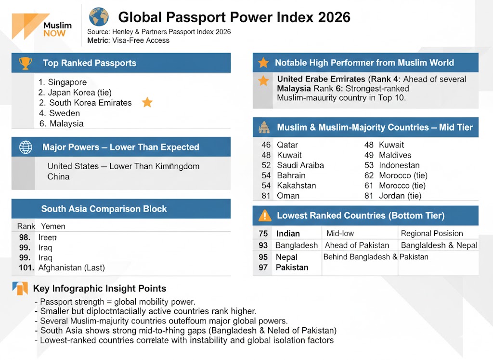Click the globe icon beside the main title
(99, 16)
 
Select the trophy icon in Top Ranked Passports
(25, 63)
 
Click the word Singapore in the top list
(67, 82)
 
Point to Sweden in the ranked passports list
(65, 113)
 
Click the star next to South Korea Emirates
(147, 102)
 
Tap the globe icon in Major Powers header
(26, 147)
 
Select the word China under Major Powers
(58, 176)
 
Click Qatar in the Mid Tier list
(287, 145)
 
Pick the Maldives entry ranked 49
(395, 155)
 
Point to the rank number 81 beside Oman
(266, 196)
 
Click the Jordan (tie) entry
(400, 196)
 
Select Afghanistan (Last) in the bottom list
(71, 267)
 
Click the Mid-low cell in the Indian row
(340, 233)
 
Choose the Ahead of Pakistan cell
(357, 245)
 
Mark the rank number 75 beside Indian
(263, 234)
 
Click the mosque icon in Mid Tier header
(264, 128)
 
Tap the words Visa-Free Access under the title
(141, 40)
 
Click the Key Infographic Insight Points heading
(100, 289)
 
